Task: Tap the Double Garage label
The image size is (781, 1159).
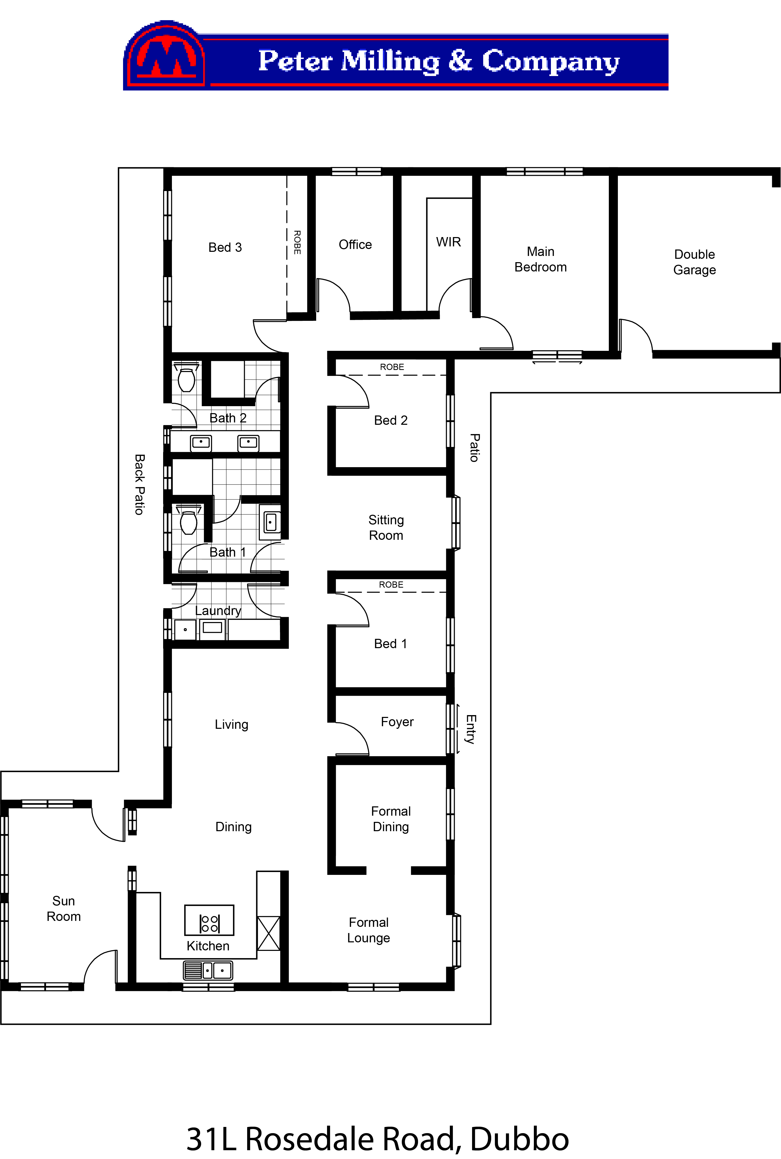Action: coord(694,262)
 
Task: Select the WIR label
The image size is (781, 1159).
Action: coord(448,242)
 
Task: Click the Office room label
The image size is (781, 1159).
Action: coord(355,245)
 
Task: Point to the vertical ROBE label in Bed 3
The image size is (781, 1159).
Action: coord(297,243)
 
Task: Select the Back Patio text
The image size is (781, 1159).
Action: coord(139,484)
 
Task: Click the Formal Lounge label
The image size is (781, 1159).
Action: coord(369,930)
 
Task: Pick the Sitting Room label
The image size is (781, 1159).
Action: coord(386,527)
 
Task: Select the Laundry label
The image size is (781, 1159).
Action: coord(218,611)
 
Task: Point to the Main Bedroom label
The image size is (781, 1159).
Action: coord(540,259)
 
